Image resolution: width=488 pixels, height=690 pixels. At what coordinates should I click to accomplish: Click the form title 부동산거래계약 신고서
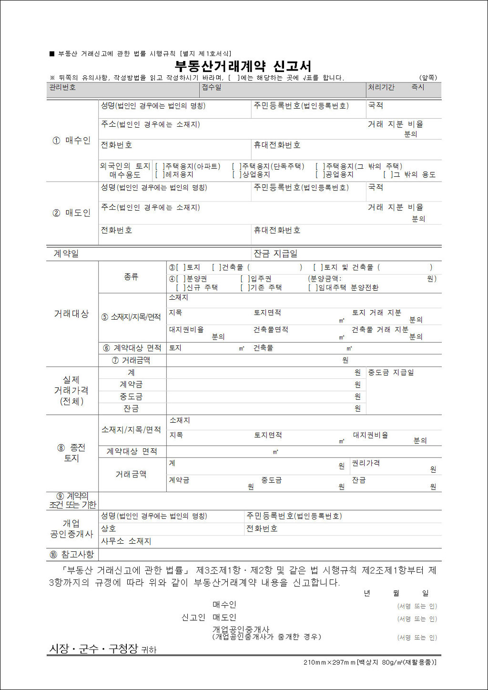[243, 66]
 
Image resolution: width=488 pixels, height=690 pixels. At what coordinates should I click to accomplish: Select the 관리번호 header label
[62, 88]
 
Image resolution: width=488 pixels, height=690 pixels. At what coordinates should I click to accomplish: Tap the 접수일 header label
[212, 88]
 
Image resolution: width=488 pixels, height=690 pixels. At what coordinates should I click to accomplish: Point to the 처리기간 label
[381, 88]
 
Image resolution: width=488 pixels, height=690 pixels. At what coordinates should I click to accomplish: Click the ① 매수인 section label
[71, 141]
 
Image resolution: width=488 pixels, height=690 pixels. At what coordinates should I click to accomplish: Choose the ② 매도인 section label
[71, 213]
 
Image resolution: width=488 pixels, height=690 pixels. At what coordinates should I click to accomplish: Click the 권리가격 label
[366, 463]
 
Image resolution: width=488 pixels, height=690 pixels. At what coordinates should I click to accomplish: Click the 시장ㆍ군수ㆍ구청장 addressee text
[93, 649]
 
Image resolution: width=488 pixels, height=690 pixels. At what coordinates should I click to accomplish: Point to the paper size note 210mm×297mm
[329, 662]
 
